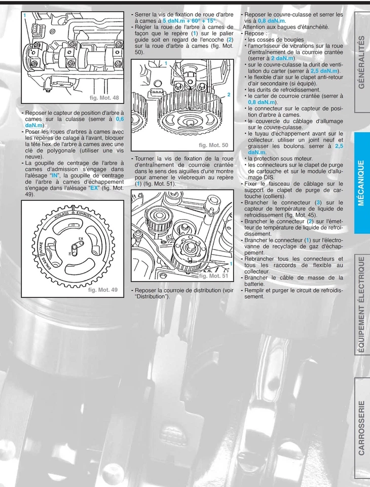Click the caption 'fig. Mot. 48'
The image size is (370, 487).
(104, 97)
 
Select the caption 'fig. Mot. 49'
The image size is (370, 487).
(103, 290)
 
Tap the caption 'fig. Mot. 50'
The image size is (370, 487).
(213, 145)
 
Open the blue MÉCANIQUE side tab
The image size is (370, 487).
(361, 183)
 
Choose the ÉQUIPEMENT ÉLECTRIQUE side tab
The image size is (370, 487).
(361, 304)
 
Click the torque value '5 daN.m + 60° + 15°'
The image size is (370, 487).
(190, 21)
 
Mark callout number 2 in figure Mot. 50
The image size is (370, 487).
(229, 95)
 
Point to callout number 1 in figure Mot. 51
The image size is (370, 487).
(231, 264)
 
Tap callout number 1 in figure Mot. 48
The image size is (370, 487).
(24, 16)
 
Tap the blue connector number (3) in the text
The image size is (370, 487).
(318, 202)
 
